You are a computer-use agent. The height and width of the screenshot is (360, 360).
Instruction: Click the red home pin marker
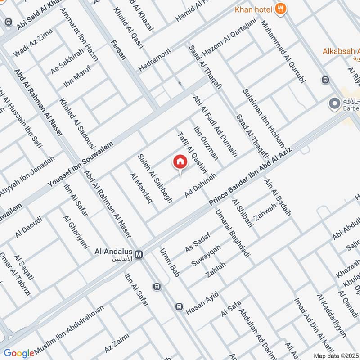coord(180,162)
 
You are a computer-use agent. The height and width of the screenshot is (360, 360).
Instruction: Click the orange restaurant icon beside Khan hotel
coord(281,9)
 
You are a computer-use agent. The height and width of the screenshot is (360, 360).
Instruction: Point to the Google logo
coord(18,353)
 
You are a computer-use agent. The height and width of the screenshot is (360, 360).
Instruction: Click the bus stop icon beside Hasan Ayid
coord(179,306)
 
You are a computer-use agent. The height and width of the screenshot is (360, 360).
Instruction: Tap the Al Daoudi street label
coord(28,227)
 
